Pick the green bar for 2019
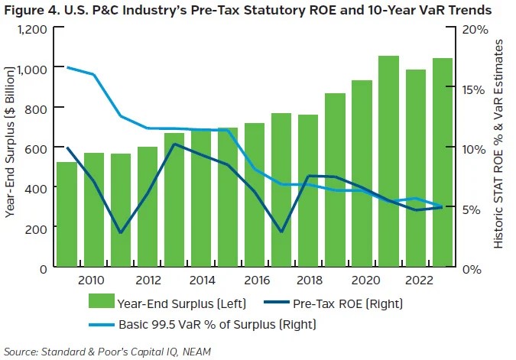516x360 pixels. [x=335, y=180]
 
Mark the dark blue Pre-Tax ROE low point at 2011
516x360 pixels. [x=120, y=232]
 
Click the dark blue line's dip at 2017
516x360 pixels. [x=281, y=232]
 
